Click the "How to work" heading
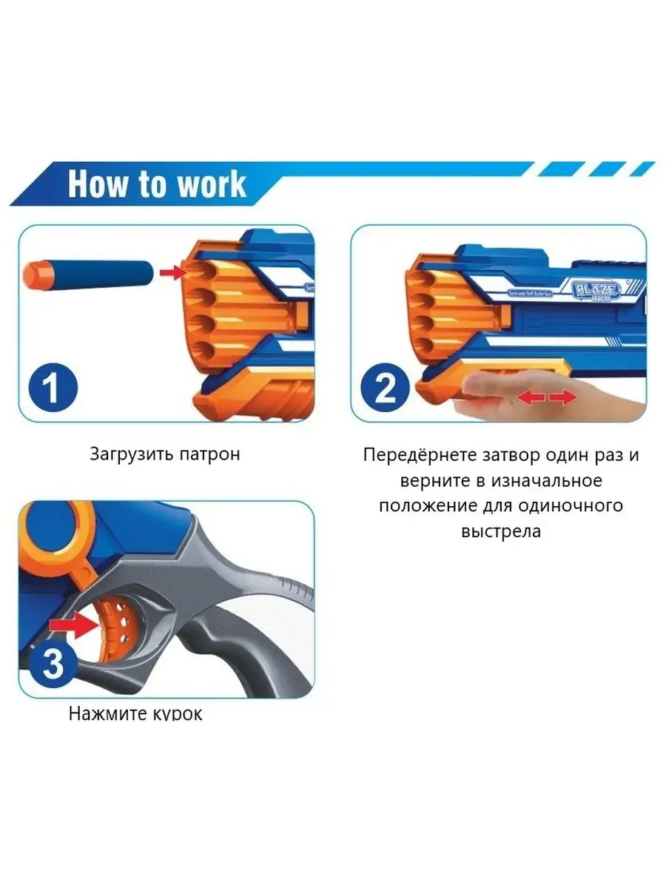157,184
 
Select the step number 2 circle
385,388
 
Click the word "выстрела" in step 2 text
501,531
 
